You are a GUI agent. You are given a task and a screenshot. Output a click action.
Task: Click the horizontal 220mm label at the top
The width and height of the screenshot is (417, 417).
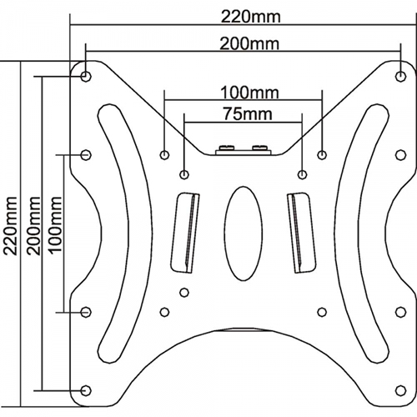click(x=251, y=18)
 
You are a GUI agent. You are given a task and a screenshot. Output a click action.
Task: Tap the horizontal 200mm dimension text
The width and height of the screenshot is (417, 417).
click(x=249, y=44)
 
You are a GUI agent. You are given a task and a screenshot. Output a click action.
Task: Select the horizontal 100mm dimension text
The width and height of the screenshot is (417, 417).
click(x=249, y=93)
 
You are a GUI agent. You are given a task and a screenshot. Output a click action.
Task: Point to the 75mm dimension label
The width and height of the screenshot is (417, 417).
click(x=248, y=114)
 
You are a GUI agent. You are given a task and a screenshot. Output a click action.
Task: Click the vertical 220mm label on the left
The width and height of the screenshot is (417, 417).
click(x=12, y=226)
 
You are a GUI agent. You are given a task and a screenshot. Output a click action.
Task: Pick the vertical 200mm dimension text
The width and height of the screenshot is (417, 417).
click(x=33, y=226)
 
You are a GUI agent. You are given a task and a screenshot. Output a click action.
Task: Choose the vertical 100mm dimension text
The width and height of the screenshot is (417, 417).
click(x=55, y=224)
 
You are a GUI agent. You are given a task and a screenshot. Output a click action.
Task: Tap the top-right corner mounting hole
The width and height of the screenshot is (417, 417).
click(x=400, y=76)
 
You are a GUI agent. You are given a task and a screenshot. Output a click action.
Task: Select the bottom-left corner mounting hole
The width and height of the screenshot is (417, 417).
click(x=86, y=390)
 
